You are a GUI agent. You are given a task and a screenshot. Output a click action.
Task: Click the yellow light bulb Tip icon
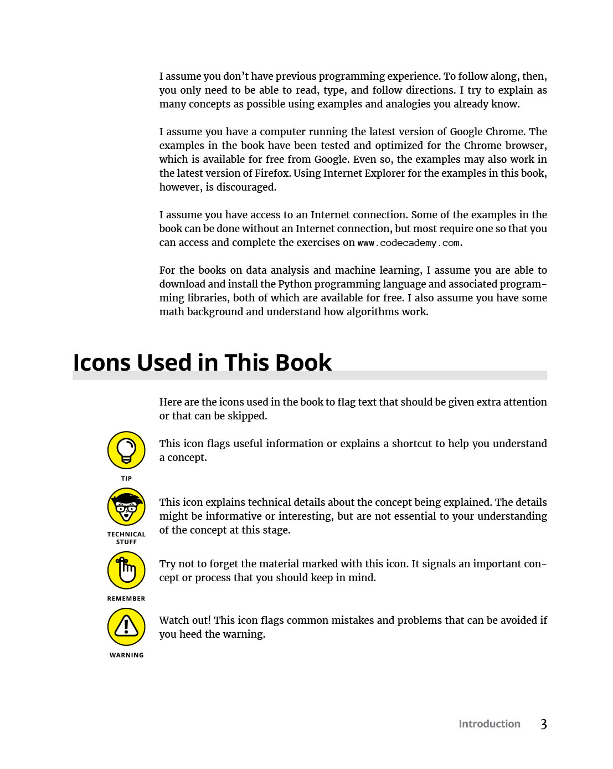126,450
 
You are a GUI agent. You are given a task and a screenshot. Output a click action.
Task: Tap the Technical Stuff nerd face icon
126,506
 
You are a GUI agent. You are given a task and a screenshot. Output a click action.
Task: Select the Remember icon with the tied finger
126,570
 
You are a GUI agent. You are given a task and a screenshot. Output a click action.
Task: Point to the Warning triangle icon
126,627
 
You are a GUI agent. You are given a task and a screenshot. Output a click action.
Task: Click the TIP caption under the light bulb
126,479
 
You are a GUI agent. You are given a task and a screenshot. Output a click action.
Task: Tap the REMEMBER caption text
126,599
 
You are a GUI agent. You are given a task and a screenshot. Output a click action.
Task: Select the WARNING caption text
126,655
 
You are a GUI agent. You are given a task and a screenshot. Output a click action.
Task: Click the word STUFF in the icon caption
126,542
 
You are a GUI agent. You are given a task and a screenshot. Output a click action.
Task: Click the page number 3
543,724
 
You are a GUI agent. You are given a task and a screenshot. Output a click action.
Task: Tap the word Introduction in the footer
489,724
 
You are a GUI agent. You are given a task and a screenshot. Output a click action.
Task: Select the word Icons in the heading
102,363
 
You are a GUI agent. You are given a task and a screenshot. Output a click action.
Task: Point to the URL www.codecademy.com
409,243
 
